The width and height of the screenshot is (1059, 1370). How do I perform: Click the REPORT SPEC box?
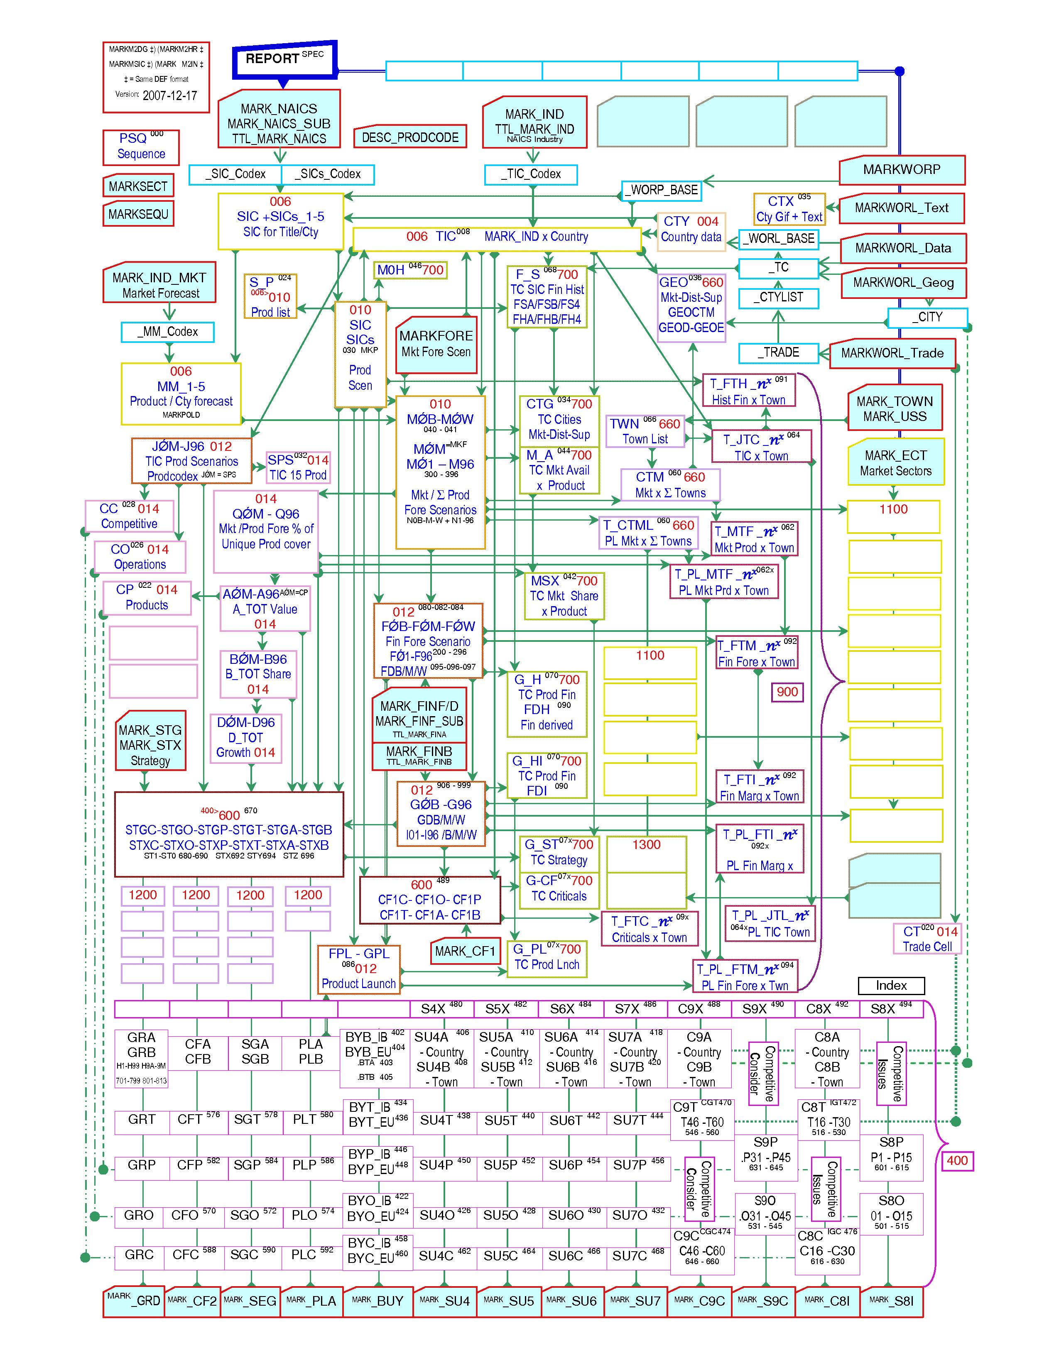[284, 60]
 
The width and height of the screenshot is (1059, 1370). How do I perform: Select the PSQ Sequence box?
[141, 147]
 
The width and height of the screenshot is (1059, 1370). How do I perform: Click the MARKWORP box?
[902, 170]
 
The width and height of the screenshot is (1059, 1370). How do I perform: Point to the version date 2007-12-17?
[169, 96]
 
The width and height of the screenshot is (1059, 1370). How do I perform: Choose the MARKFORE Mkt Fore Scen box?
[436, 345]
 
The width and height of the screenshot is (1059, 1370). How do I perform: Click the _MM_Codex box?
[167, 332]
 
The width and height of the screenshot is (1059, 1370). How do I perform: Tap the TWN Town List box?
[645, 431]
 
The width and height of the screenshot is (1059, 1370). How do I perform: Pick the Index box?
[891, 986]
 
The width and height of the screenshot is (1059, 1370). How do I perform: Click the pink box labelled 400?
[957, 1160]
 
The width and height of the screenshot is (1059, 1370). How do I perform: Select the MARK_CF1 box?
[465, 952]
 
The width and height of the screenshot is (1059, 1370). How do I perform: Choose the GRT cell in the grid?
[142, 1120]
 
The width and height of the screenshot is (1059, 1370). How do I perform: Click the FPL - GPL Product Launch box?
[358, 969]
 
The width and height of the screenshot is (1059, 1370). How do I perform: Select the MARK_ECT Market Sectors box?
[895, 463]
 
